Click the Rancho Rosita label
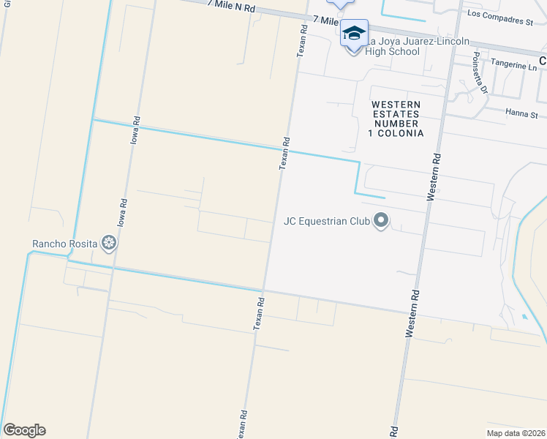point(65,244)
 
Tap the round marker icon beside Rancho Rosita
point(109,243)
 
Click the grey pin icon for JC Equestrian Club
point(380,219)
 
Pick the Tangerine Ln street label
point(514,65)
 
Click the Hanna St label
point(521,114)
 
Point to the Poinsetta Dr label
point(480,73)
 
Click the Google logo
point(24,430)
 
